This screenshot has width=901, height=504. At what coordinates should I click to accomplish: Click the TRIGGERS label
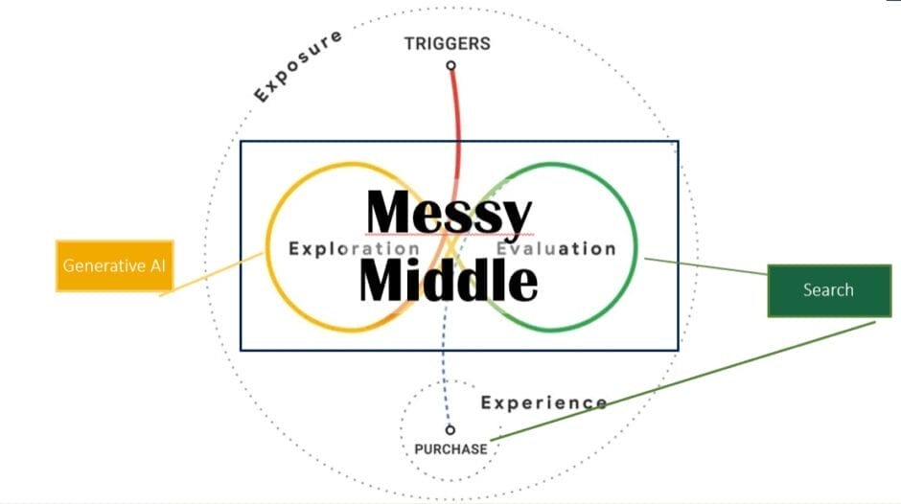pyautogui.click(x=447, y=43)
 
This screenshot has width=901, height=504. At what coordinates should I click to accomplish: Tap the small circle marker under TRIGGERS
pyautogui.click(x=450, y=66)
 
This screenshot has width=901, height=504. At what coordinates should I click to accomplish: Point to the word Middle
pyautogui.click(x=448, y=280)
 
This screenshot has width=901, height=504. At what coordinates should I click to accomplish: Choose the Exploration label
pyautogui.click(x=354, y=249)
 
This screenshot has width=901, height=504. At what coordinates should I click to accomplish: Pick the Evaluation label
pyautogui.click(x=556, y=249)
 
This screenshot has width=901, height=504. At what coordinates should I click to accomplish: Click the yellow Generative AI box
pyautogui.click(x=115, y=264)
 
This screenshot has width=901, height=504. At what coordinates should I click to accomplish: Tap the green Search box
pyautogui.click(x=827, y=289)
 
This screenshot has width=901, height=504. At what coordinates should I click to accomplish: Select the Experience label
pyautogui.click(x=543, y=402)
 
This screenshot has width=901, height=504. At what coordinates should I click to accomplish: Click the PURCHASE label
pyautogui.click(x=450, y=448)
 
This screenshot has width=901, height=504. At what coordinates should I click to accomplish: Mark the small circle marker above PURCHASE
pyautogui.click(x=450, y=430)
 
